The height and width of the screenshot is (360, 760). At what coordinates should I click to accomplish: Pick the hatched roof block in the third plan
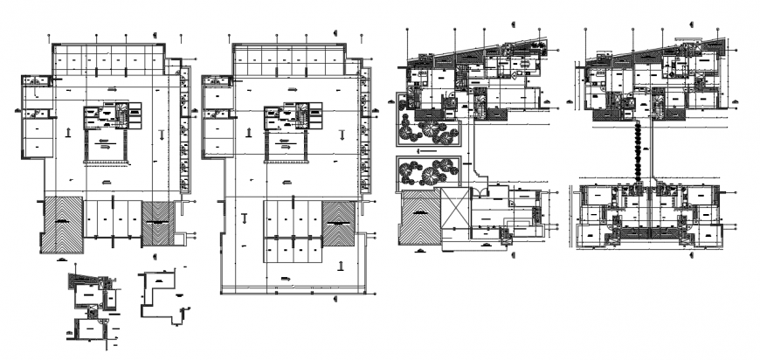pos(420,224)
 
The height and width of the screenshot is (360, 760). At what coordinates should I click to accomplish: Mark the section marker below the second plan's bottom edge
pos(337,298)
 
